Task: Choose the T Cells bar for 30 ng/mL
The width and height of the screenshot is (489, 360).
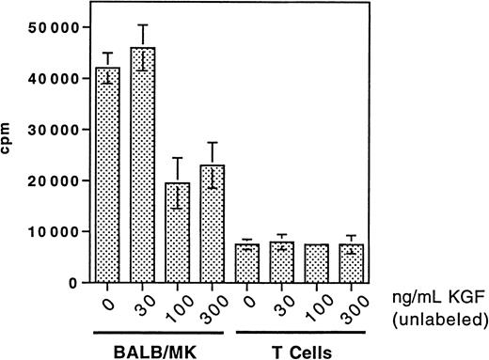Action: tap(292, 262)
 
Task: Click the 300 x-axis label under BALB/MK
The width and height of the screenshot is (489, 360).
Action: tap(213, 306)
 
